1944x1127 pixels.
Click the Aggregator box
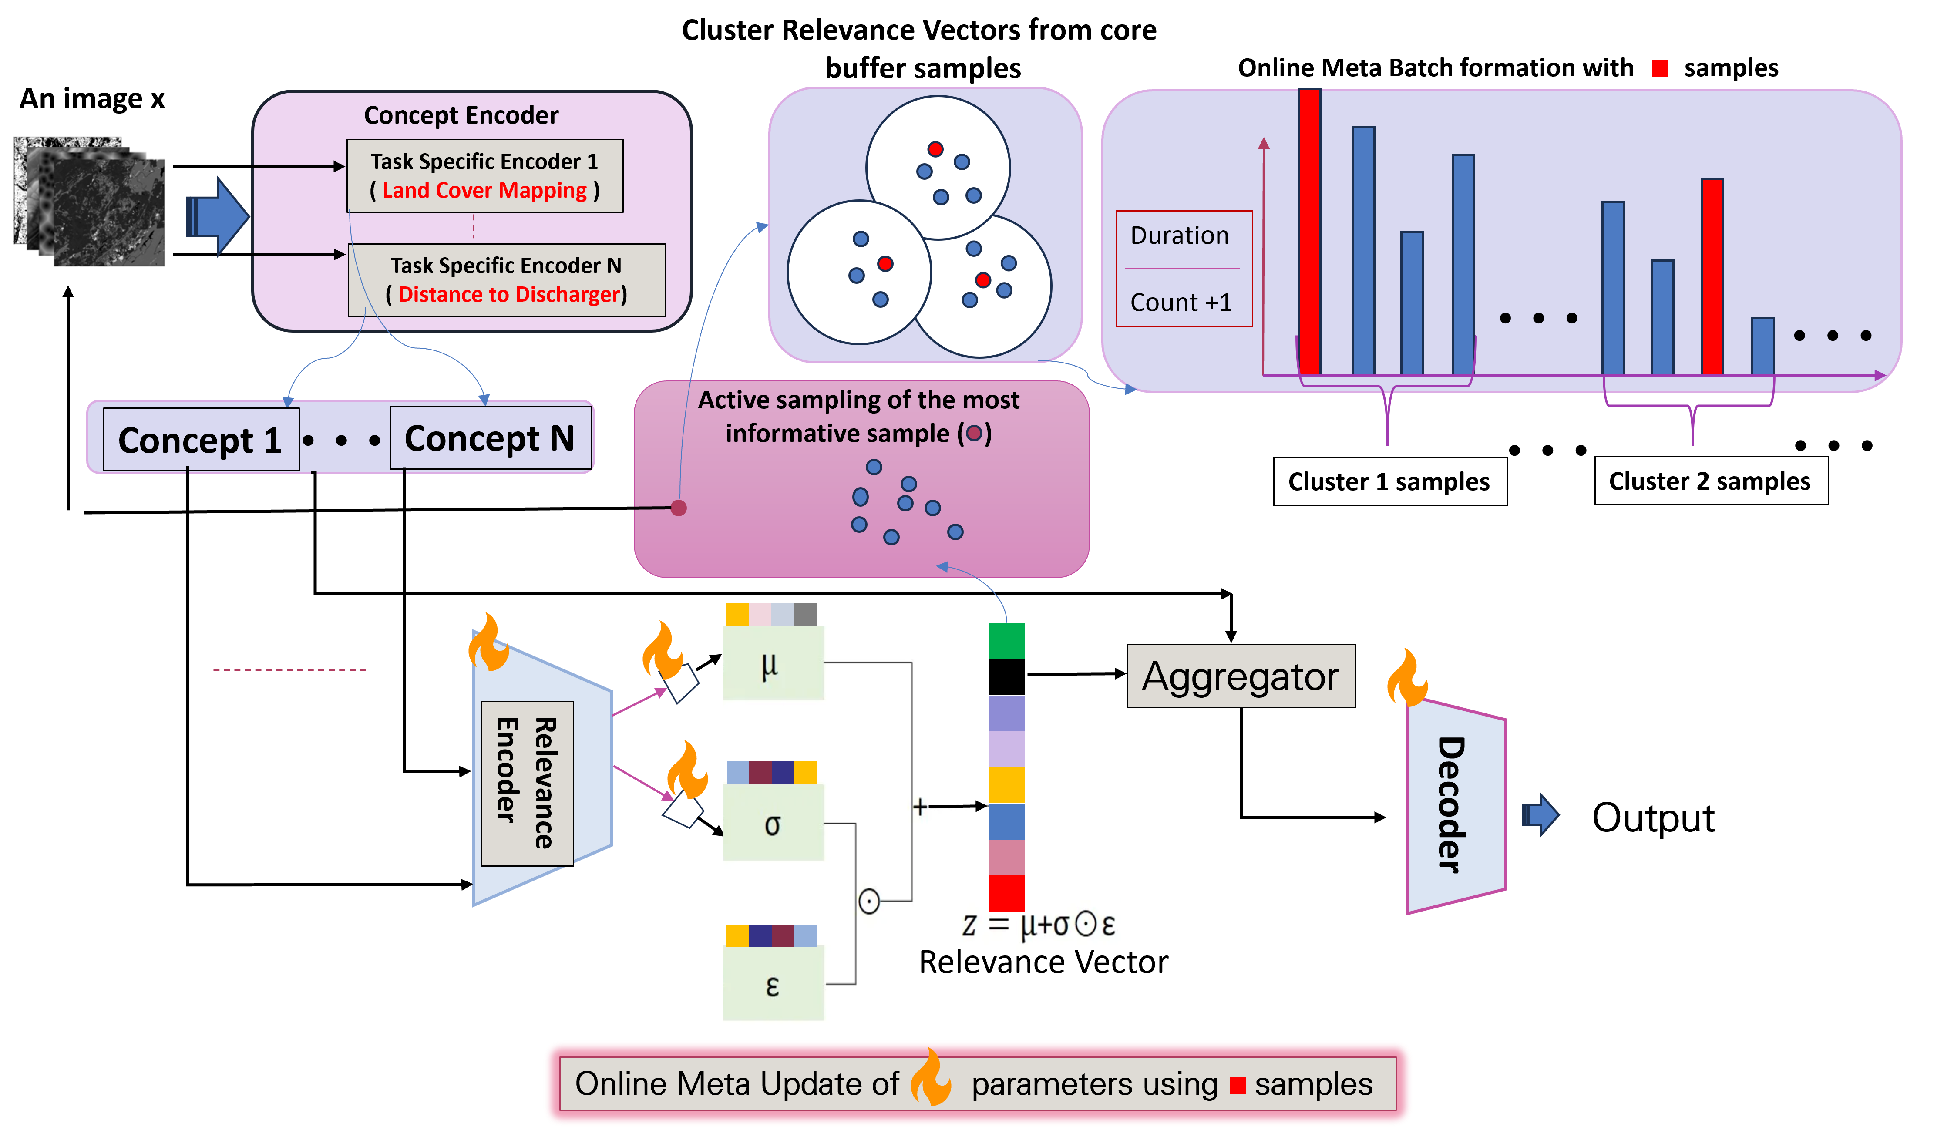pyautogui.click(x=1241, y=676)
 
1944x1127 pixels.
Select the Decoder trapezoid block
pyautogui.click(x=1456, y=806)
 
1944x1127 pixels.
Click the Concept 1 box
pyautogui.click(x=201, y=439)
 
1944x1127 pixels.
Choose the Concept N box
pyautogui.click(x=491, y=437)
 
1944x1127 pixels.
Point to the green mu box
pyautogui.click(x=773, y=663)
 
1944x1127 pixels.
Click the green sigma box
pyautogui.click(x=773, y=822)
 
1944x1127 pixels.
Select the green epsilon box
pyautogui.click(x=773, y=983)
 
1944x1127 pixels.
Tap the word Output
pyautogui.click(x=1653, y=817)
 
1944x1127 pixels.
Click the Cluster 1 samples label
pyautogui.click(x=1389, y=481)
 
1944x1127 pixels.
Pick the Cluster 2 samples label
pyautogui.click(x=1710, y=481)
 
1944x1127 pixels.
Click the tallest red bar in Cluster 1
pyautogui.click(x=1309, y=232)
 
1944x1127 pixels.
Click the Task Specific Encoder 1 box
pyautogui.click(x=484, y=176)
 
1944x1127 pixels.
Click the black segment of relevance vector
pyautogui.click(x=1006, y=676)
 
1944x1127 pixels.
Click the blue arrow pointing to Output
pyautogui.click(x=1540, y=814)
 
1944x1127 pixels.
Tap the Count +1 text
pyautogui.click(x=1181, y=303)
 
